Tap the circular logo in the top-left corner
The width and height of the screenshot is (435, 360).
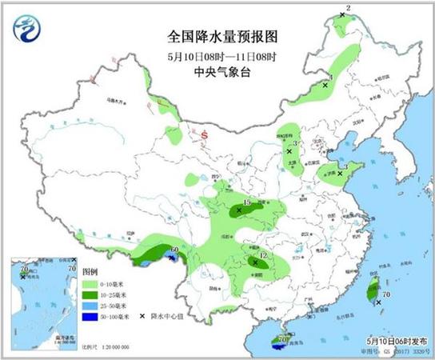pos(28,30)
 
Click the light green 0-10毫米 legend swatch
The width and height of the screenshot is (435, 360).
pos(93,284)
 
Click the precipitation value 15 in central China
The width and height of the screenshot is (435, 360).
pos(247,204)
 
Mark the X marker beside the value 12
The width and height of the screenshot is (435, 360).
pos(255,262)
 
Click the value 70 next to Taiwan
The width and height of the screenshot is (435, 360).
pos(386,294)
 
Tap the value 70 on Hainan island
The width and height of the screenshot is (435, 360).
pos(281,339)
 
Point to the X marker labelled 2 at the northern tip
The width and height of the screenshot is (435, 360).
pos(341,14)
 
